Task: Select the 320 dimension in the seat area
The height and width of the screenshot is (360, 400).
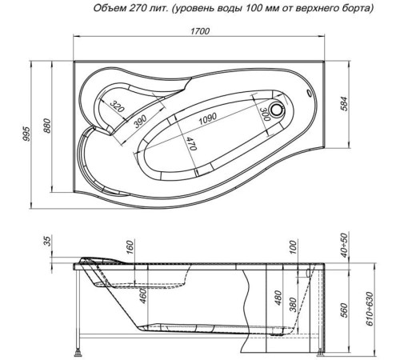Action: pos(116,108)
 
